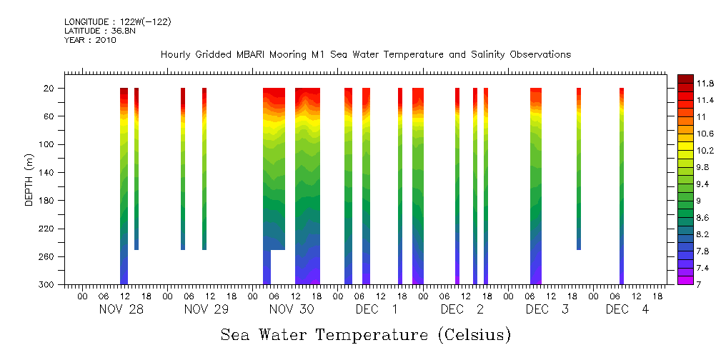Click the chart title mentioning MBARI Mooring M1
[365, 54]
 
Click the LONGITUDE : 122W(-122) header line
[117, 22]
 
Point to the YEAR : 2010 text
[90, 40]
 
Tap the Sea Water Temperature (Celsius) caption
[366, 334]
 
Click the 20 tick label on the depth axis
[50, 89]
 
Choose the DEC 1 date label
[377, 309]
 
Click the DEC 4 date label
[627, 309]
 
